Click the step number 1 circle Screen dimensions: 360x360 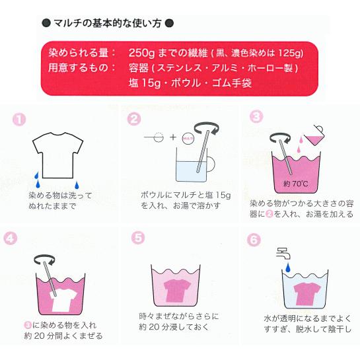tap(19, 120)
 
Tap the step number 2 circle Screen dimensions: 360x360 tap(134, 119)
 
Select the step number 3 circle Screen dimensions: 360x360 tap(256, 117)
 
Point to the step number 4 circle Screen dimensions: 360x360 tap(11, 238)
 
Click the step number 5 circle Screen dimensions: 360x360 tap(138, 238)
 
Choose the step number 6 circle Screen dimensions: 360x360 tap(254, 240)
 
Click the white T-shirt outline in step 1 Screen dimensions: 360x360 tap(58, 155)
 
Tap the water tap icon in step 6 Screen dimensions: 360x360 tap(283, 253)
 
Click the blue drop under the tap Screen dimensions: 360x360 tap(288, 268)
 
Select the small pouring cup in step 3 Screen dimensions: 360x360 tap(314, 135)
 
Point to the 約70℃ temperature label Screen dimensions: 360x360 tap(296, 184)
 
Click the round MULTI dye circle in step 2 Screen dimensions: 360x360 tap(188, 138)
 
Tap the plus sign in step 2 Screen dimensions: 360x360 tap(172, 137)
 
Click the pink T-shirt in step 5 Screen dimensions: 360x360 tap(177, 291)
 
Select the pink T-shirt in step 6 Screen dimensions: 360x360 tap(306, 294)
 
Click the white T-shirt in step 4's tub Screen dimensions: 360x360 tap(63, 301)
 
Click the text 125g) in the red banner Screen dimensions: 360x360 tap(291, 54)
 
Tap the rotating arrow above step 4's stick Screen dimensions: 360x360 tap(44, 260)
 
